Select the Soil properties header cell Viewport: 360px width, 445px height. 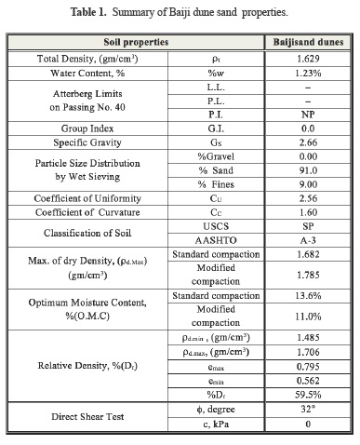point(134,43)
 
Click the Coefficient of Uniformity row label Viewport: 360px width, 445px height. point(87,198)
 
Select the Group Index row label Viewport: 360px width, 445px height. point(87,128)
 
